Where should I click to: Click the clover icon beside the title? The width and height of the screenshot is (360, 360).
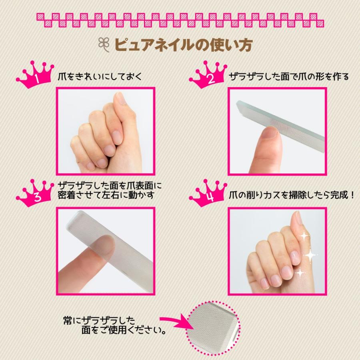tap(103, 44)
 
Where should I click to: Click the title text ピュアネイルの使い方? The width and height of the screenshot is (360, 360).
tap(184, 44)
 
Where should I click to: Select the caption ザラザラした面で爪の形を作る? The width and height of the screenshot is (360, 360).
tap(289, 76)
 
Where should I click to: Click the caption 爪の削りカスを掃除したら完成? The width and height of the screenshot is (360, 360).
tap(292, 196)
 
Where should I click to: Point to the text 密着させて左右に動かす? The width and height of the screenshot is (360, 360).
tap(106, 196)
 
